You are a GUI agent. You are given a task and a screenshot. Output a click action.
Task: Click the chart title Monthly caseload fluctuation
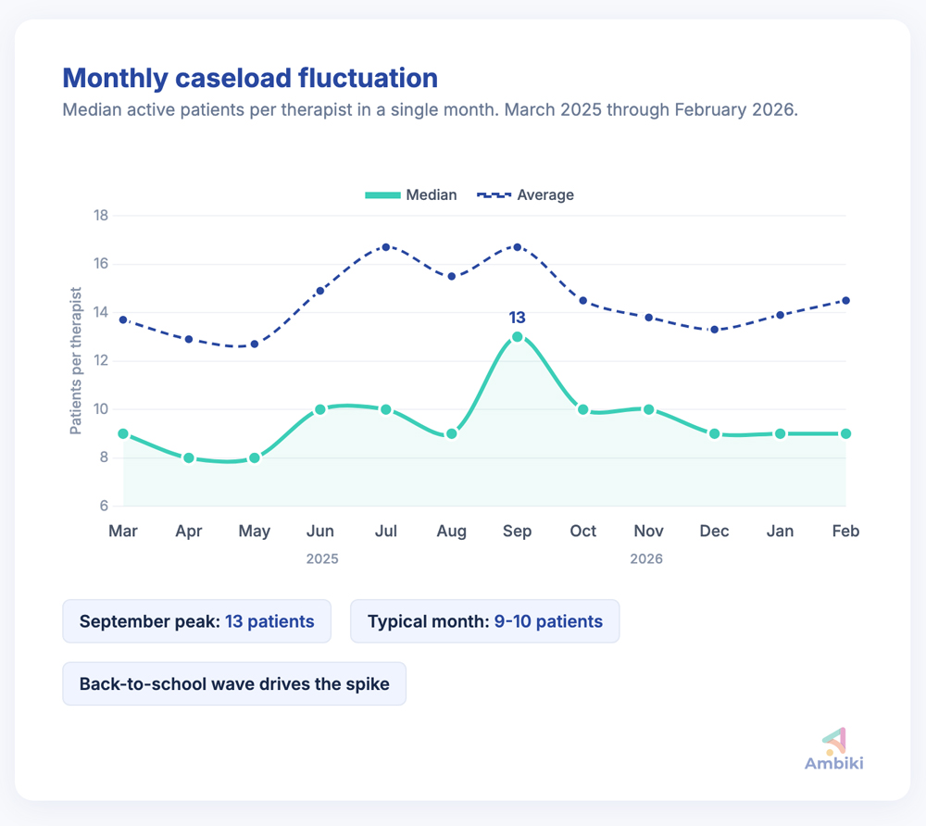(249, 77)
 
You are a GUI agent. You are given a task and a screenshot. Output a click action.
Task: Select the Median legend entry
(411, 194)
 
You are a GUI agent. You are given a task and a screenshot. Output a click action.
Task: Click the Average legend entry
(525, 194)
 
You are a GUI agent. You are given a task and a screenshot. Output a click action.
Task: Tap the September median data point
(518, 337)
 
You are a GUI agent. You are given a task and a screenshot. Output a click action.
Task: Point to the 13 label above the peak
(518, 318)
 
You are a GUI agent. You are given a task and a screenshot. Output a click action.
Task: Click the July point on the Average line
(386, 247)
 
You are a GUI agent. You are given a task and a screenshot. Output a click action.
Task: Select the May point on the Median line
(255, 457)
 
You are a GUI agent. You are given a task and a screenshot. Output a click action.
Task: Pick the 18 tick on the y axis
(101, 216)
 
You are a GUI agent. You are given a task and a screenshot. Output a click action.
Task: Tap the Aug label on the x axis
(451, 531)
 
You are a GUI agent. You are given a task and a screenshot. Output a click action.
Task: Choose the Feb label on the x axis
(845, 531)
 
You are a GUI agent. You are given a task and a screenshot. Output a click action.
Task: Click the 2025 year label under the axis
(321, 559)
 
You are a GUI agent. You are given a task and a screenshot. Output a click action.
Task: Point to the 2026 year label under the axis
(645, 559)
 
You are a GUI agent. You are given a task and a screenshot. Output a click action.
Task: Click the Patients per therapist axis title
(76, 361)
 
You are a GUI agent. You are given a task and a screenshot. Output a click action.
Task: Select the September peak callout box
(196, 620)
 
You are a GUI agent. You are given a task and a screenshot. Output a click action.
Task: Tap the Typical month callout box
(484, 620)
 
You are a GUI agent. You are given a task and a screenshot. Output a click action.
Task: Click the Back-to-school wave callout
(233, 684)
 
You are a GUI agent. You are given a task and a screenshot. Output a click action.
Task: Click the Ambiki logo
(833, 748)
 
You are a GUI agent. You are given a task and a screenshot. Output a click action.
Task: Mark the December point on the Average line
(714, 330)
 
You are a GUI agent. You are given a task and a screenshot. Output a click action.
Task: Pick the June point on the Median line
(320, 409)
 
